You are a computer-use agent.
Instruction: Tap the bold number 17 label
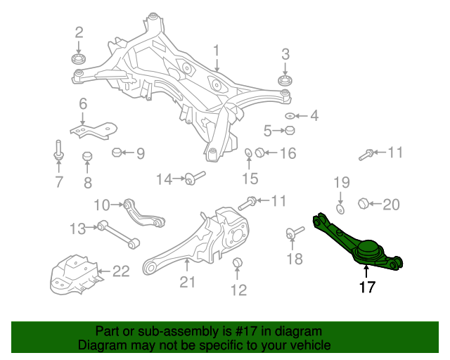[367, 287]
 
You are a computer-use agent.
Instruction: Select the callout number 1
[217, 51]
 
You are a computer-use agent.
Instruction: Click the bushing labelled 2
[79, 58]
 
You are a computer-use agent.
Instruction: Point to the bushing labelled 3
[285, 81]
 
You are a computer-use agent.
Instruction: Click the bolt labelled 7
[57, 151]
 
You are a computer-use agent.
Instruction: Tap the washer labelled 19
[340, 209]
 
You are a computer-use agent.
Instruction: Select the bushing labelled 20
[364, 204]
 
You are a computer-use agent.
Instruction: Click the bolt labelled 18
[293, 233]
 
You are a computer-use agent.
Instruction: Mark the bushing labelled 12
[238, 264]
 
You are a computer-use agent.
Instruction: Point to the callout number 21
[187, 283]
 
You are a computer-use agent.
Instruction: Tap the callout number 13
[77, 227]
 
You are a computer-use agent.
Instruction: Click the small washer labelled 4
[290, 115]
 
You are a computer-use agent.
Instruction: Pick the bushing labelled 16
[259, 153]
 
